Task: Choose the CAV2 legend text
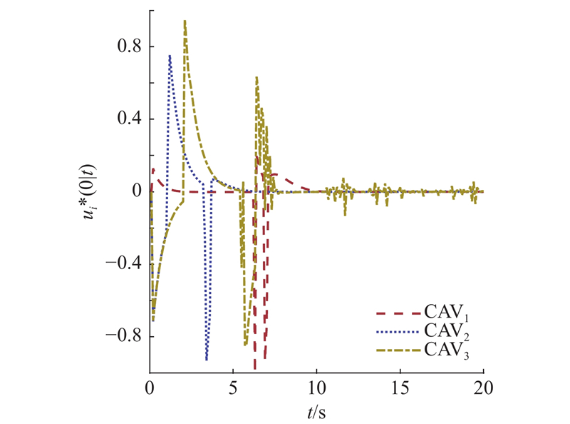(x=445, y=331)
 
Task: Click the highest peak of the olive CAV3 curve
(x=185, y=21)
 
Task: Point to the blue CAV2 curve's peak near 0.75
(x=170, y=55)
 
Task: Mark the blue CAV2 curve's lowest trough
(x=207, y=359)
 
